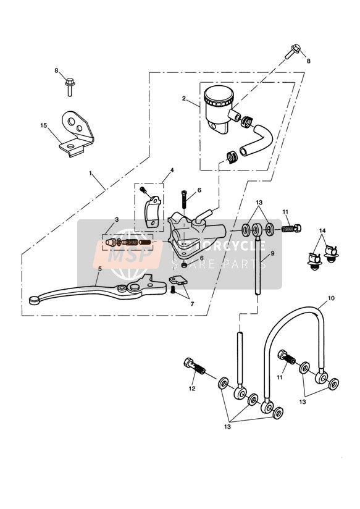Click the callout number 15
pyautogui.click(x=44, y=125)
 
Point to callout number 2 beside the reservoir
pyautogui.click(x=184, y=98)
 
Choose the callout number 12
pyautogui.click(x=192, y=389)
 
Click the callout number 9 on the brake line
pyautogui.click(x=272, y=253)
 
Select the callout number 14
pyautogui.click(x=322, y=231)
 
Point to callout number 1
pyautogui.click(x=91, y=174)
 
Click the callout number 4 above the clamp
pyautogui.click(x=172, y=170)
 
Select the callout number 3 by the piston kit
pyautogui.click(x=117, y=219)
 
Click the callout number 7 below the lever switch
pyautogui.click(x=192, y=304)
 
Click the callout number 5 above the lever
pyautogui.click(x=99, y=269)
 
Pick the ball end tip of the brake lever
pyautogui.click(x=34, y=301)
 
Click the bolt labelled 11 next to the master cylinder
pyautogui.click(x=291, y=229)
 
